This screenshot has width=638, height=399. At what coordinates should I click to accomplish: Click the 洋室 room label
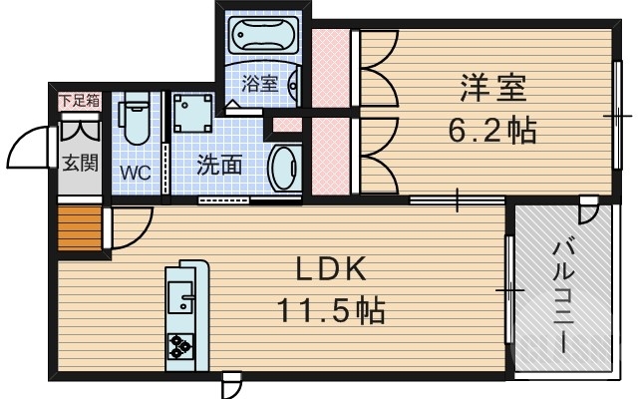click(x=493, y=87)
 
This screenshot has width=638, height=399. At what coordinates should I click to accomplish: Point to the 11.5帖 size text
click(x=331, y=310)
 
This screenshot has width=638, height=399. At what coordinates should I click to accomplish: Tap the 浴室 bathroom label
click(x=261, y=84)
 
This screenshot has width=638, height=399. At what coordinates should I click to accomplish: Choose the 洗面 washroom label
click(x=218, y=165)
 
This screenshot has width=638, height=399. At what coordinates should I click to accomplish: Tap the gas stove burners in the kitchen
click(x=181, y=345)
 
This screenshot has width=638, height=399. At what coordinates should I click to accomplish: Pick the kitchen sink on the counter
click(x=181, y=297)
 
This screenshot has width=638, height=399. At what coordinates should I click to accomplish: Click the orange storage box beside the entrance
click(x=79, y=231)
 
